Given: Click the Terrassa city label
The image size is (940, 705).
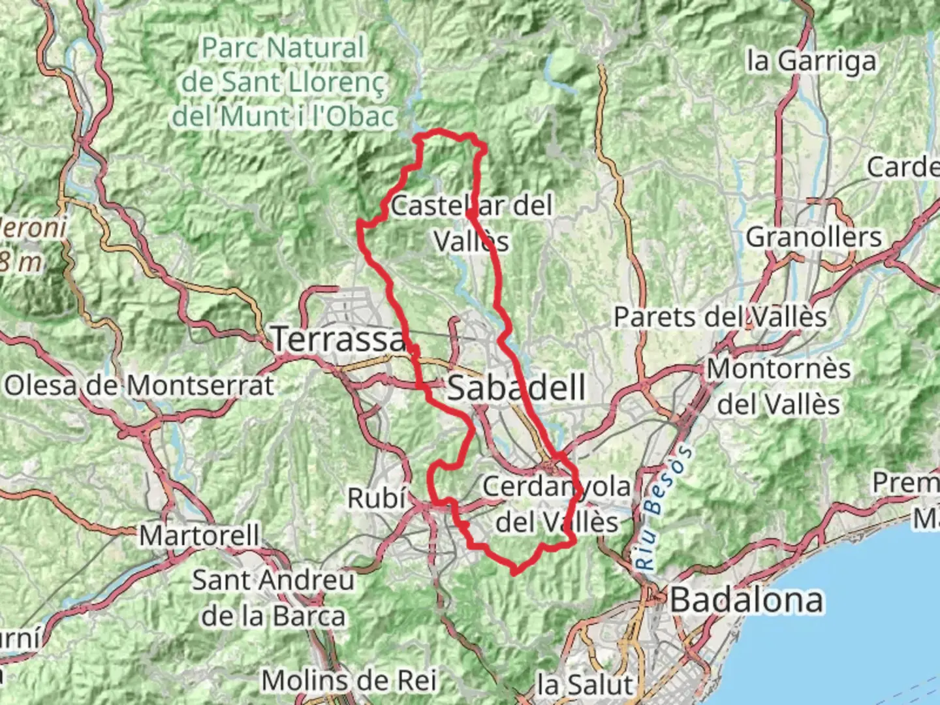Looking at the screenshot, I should click(339, 339).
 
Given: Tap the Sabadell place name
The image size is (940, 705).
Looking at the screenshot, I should click(516, 388).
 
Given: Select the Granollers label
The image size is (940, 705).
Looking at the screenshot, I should click(813, 237).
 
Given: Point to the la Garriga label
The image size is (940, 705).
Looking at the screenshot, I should click(811, 61).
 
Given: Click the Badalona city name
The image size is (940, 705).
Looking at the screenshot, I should click(747, 600).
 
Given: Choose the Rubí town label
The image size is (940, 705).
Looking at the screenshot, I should click(376, 498).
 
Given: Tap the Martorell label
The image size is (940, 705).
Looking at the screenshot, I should click(200, 536).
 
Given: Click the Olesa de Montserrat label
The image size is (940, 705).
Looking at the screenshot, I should click(139, 386).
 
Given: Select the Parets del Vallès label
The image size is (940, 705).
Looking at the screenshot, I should click(720, 317).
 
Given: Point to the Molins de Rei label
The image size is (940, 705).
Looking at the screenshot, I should click(349, 681).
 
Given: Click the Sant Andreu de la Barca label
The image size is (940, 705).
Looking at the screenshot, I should click(274, 598).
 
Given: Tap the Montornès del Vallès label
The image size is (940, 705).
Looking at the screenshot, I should click(779, 386).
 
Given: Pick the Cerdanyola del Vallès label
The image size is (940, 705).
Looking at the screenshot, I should click(557, 504).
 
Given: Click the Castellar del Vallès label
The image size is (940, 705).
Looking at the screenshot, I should click(471, 223).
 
